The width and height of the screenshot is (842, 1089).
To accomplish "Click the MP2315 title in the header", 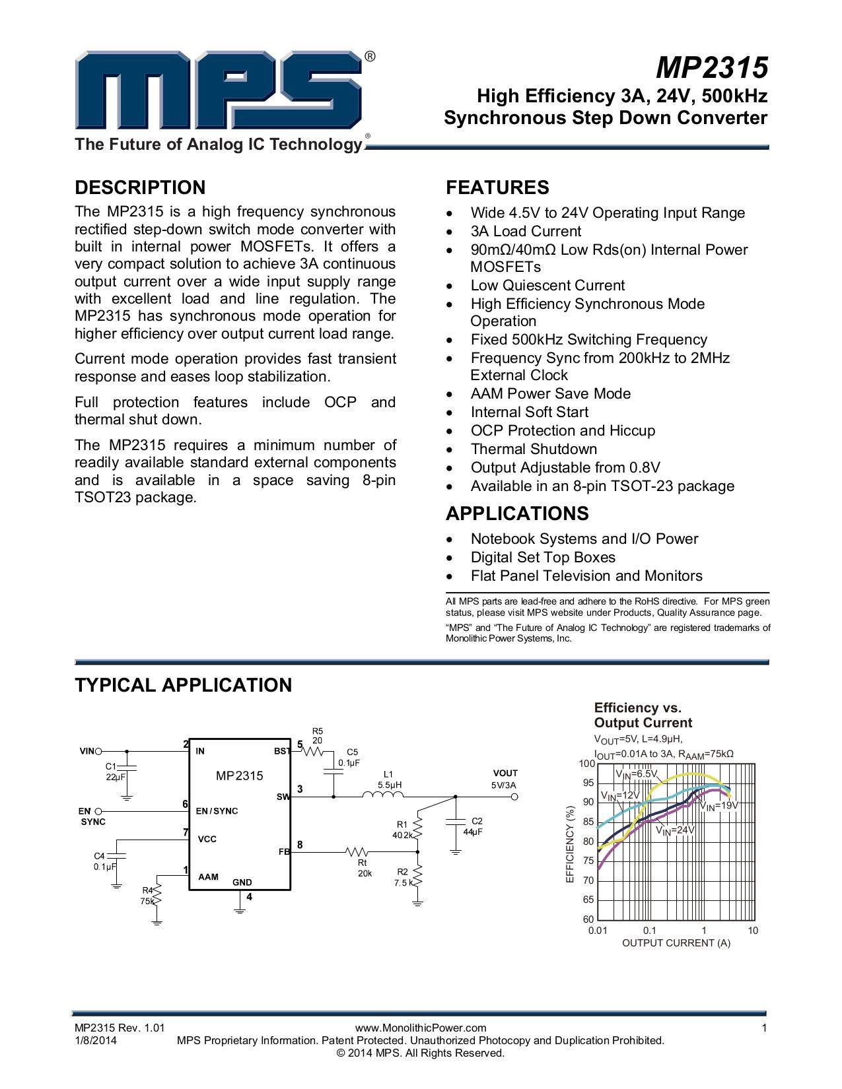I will pyautogui.click(x=712, y=67).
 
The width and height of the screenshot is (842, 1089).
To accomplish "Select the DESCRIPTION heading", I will pyautogui.click(x=140, y=187).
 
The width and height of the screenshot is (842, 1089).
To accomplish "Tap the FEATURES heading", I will pyautogui.click(x=497, y=187).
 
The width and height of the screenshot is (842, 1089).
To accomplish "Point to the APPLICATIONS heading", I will pyautogui.click(x=517, y=513).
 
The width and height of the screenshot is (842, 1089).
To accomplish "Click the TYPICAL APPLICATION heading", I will pyautogui.click(x=183, y=685).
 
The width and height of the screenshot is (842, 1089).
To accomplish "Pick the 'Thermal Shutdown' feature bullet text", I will pyautogui.click(x=534, y=449).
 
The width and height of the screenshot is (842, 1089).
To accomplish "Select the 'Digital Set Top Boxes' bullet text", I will pyautogui.click(x=543, y=558).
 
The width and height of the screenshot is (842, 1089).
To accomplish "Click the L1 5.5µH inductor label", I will pyautogui.click(x=388, y=779).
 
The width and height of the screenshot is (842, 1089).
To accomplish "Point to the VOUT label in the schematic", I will pyautogui.click(x=505, y=773).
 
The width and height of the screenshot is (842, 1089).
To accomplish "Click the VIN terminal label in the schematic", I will pyautogui.click(x=87, y=751).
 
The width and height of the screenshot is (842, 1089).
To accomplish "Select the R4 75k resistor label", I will pyautogui.click(x=147, y=896).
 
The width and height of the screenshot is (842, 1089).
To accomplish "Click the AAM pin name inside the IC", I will pyautogui.click(x=208, y=877).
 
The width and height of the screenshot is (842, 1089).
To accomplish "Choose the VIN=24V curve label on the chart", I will pyautogui.click(x=675, y=830).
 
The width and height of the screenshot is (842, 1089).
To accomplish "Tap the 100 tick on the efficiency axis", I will pyautogui.click(x=587, y=764).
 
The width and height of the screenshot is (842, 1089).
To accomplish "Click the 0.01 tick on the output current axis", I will pyautogui.click(x=597, y=931).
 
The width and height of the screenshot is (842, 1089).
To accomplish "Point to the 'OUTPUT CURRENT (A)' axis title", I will pyautogui.click(x=676, y=943).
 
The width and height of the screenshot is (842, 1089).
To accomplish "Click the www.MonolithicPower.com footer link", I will pyautogui.click(x=421, y=1028).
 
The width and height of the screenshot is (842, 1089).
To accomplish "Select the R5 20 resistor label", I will pyautogui.click(x=318, y=736).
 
